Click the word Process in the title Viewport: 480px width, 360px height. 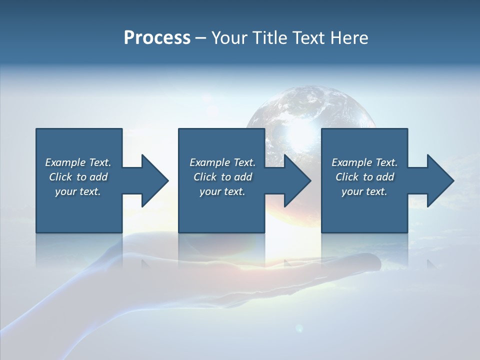[157, 38]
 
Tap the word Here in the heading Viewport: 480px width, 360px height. [349, 38]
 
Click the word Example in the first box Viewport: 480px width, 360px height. [65, 162]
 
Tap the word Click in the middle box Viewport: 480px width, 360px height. [205, 177]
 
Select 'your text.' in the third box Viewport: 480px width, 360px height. [364, 191]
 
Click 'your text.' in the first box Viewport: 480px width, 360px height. [78, 191]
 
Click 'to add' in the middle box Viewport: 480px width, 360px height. [236, 177]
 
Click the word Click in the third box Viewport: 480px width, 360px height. [347, 177]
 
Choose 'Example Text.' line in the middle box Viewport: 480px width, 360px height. [222, 162]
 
